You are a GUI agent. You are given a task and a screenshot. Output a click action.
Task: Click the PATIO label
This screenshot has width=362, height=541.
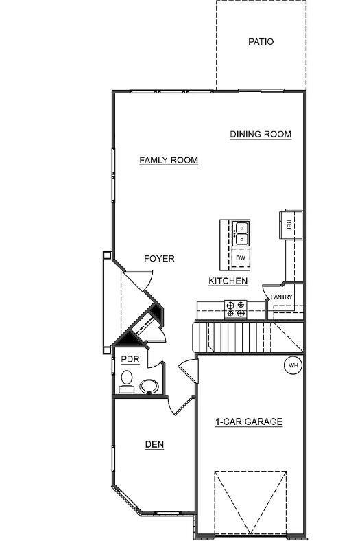point(261,42)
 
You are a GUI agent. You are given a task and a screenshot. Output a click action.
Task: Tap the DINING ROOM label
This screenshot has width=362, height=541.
point(261,135)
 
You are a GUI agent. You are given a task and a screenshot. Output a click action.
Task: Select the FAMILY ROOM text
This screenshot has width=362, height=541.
point(169,161)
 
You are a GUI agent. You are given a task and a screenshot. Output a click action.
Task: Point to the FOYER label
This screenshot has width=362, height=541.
point(159,259)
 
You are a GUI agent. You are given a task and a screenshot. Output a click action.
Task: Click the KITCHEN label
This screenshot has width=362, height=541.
point(228,281)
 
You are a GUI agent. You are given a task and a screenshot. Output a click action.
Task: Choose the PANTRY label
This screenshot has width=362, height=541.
point(281,297)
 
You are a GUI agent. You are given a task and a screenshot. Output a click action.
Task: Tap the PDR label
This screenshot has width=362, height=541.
point(130,360)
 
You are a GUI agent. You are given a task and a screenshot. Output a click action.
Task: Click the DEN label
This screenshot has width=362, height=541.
point(154,444)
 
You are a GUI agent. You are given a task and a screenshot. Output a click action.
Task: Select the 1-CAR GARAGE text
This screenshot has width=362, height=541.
point(249,422)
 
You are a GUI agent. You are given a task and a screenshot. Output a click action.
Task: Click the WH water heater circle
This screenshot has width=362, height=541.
point(293,365)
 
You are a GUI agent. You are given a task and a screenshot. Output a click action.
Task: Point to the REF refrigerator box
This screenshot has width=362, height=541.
point(289,225)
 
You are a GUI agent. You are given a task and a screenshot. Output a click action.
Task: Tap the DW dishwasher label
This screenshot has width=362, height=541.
point(241,257)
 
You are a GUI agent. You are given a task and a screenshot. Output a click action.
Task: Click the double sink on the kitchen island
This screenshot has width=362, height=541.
point(241,233)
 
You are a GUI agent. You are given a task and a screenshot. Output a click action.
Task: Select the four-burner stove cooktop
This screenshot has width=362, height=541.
point(236,310)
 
